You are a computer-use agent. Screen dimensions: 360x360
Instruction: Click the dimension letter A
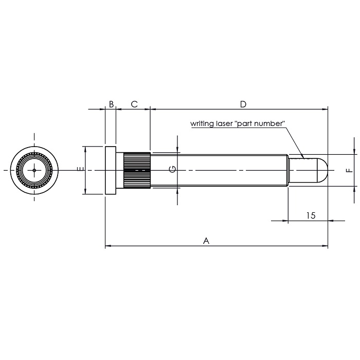[x=206, y=240]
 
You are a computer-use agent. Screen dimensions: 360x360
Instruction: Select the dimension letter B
[x=111, y=104]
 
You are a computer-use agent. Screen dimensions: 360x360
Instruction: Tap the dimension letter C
[x=134, y=104]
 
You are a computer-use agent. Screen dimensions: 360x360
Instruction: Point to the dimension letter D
[x=243, y=104]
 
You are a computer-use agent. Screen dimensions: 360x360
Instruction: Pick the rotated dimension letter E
[x=79, y=170]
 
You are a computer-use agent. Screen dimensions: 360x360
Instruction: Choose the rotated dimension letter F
[x=350, y=170]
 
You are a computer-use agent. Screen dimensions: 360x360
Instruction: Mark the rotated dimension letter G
[x=173, y=169]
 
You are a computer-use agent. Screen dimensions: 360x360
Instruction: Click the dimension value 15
[x=310, y=215]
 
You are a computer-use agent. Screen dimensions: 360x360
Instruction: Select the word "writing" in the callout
[x=202, y=124]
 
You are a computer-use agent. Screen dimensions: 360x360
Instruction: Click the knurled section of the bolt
[x=136, y=170]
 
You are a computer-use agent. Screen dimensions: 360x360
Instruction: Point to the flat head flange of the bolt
[x=111, y=170]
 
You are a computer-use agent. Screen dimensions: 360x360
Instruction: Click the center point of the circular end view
[x=34, y=170]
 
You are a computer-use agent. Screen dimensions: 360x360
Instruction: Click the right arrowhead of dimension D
[x=325, y=109]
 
